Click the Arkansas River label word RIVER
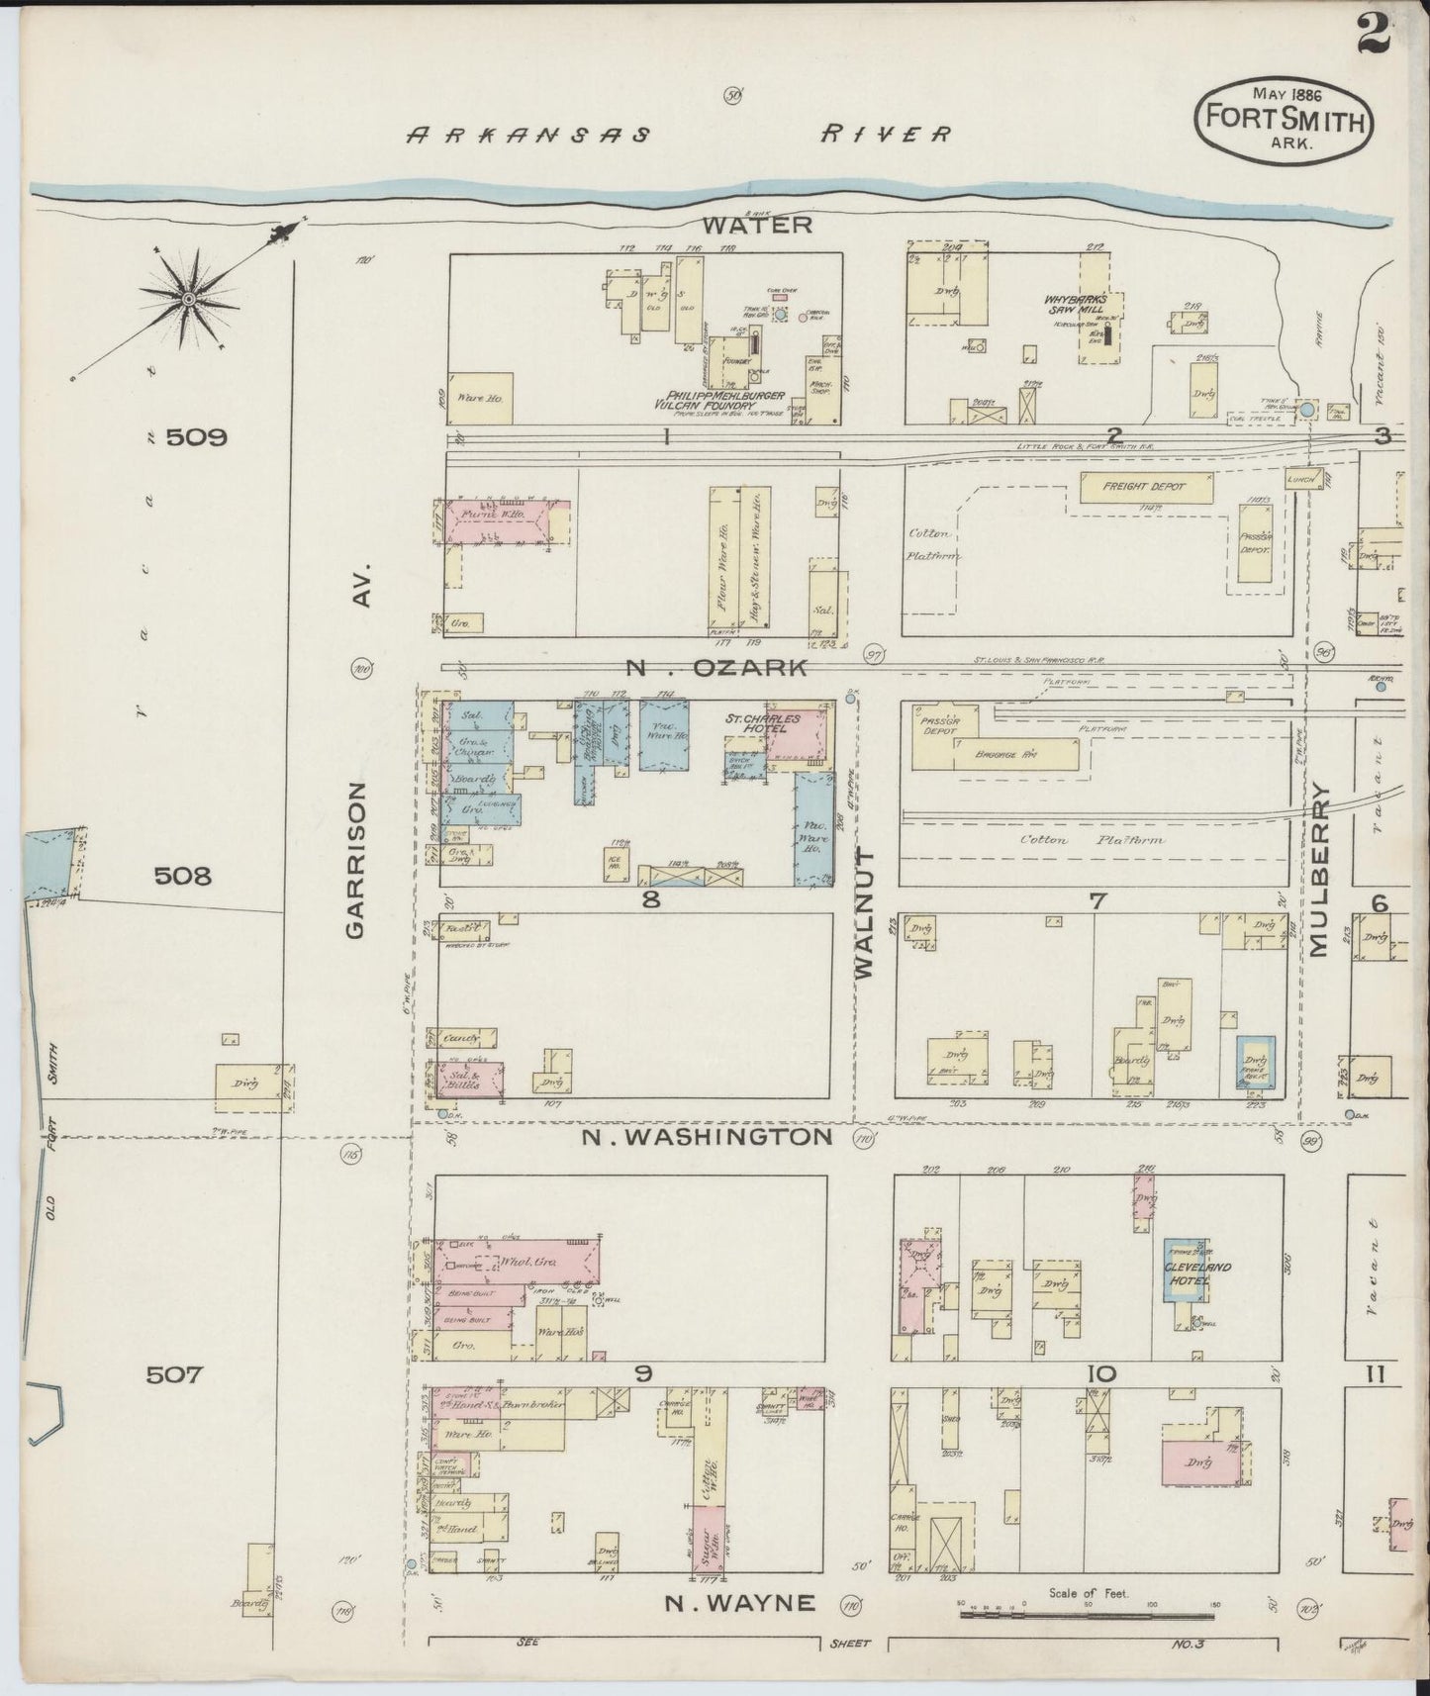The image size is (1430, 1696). [886, 134]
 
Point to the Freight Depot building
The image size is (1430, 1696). [1146, 486]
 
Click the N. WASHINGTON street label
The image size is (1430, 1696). [707, 1137]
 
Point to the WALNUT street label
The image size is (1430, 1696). [865, 913]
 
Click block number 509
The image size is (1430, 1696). [197, 437]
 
